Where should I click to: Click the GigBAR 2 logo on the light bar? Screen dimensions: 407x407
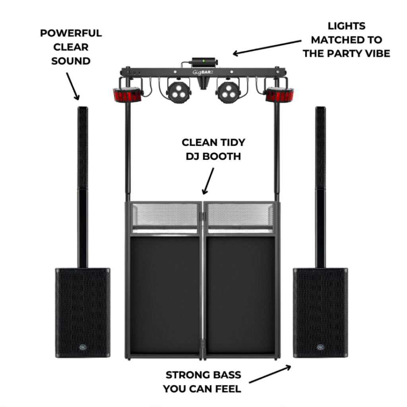point(202,72)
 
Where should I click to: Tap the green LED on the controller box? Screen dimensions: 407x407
point(203,61)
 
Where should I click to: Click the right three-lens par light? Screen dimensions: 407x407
point(229,92)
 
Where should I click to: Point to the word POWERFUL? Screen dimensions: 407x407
point(71,33)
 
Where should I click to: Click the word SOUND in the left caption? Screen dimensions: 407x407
point(71,61)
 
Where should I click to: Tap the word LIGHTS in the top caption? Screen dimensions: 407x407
point(347,26)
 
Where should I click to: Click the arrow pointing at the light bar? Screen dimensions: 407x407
point(267,47)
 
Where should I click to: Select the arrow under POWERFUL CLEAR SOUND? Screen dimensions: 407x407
point(73,86)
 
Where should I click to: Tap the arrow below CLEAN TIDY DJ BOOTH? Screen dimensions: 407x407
point(208,181)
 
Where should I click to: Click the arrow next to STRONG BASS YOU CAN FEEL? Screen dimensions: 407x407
point(270,374)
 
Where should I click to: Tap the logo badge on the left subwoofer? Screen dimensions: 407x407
point(83,347)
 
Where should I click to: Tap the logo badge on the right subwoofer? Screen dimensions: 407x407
point(321,347)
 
